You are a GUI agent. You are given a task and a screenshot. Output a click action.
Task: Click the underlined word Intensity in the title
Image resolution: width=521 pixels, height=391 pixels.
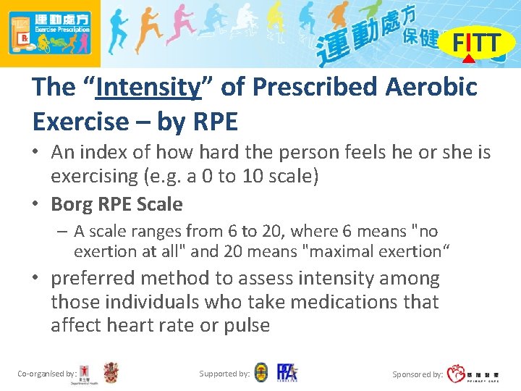tap(148, 88)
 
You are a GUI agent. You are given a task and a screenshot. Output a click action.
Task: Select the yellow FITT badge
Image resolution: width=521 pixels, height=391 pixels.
tap(475, 44)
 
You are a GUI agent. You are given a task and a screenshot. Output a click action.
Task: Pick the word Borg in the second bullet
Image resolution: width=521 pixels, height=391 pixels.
tap(69, 204)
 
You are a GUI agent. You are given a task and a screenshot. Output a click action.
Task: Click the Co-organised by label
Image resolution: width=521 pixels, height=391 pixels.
tap(46, 374)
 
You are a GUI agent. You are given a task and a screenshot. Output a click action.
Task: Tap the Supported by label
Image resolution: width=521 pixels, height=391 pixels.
tap(224, 374)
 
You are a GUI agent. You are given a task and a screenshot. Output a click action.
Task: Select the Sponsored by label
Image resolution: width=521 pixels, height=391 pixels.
tap(417, 374)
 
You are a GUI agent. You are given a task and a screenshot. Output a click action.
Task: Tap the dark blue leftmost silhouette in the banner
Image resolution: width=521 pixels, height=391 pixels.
tap(119, 33)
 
